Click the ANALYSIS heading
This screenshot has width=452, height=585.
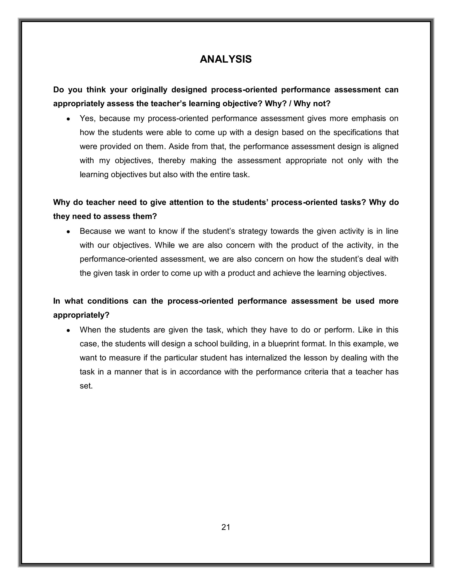click(x=226, y=59)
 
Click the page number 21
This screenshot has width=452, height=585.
click(x=226, y=527)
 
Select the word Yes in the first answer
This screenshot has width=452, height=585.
click(x=87, y=118)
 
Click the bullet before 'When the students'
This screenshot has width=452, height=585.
click(x=69, y=330)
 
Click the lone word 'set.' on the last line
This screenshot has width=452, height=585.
click(x=86, y=386)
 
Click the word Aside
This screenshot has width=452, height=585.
click(x=179, y=147)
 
